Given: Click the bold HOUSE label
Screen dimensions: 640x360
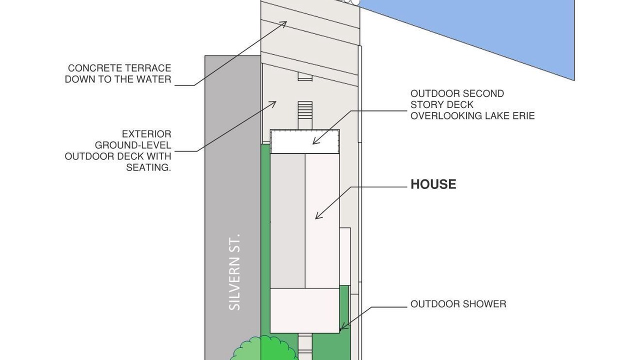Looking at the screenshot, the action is (433, 184).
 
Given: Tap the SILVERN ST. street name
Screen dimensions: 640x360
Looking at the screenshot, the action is (235, 272).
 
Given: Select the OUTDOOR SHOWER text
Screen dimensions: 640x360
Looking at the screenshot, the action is (458, 304).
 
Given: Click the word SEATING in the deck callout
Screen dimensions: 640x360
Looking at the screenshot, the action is (147, 167).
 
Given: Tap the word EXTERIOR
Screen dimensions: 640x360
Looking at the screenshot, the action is (146, 134).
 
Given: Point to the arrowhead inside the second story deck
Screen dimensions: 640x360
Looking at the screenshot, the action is (315, 141).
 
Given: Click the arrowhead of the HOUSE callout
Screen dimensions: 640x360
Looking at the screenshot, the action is (318, 216).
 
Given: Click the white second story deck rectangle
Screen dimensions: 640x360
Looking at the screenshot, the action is (305, 142).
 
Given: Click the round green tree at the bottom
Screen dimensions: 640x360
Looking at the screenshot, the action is (264, 348).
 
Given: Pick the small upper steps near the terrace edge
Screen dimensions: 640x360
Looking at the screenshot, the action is (305, 76).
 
